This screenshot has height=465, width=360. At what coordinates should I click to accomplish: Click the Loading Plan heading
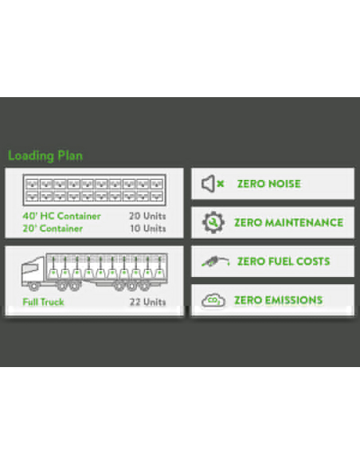pos(45,156)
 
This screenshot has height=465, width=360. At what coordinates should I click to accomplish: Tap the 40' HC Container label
pos(61,216)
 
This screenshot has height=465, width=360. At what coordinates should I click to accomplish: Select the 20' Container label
pos(53,229)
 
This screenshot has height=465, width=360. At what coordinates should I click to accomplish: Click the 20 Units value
pos(147,216)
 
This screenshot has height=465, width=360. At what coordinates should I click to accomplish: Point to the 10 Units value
pos(148,229)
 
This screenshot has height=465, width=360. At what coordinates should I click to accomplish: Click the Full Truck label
pos(43,302)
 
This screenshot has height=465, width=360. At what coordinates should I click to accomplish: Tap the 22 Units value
pos(147,302)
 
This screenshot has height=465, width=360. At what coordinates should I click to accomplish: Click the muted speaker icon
pos(213,184)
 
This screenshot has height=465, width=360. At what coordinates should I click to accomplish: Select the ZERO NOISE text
pos(269,184)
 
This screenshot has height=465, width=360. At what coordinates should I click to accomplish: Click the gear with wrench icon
pos(213,222)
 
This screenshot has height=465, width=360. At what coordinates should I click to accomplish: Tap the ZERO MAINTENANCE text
pos(289,223)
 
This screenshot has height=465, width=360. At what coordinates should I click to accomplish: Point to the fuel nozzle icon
pos(215,261)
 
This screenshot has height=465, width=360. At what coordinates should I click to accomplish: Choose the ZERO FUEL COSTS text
pos(284,261)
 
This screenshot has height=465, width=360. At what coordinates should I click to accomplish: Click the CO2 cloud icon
pos(213,300)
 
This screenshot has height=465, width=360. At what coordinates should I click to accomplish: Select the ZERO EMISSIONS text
pos(279,300)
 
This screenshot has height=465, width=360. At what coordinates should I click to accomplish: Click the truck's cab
pos(33,271)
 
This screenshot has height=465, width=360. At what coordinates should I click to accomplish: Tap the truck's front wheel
pos(34,287)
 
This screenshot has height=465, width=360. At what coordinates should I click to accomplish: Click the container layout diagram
pos(94,190)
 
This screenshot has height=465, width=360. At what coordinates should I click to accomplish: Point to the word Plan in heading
pos(70,156)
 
